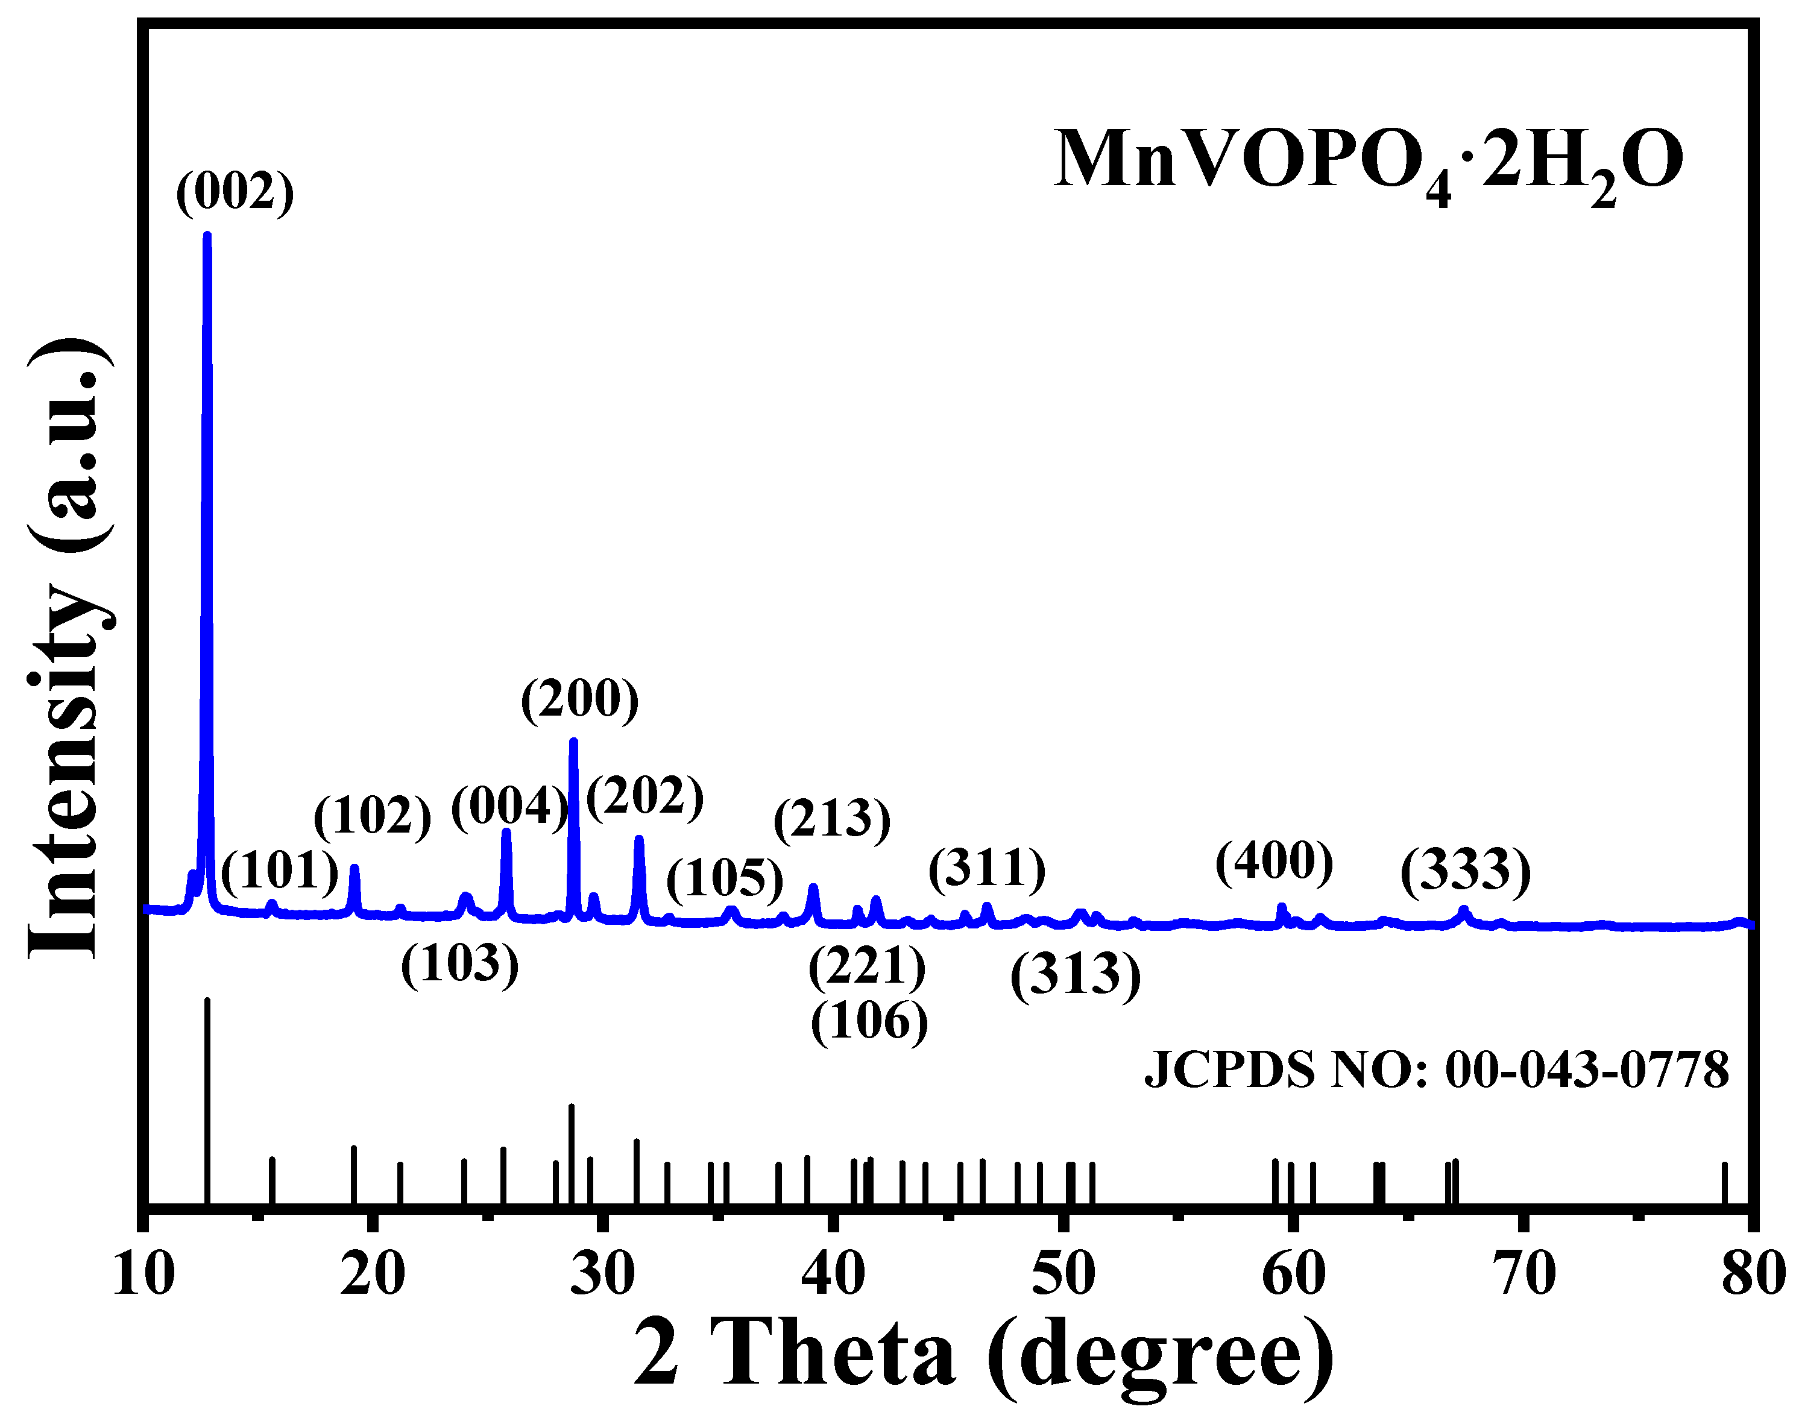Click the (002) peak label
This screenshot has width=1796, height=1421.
click(x=235, y=192)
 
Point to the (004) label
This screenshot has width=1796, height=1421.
click(x=509, y=807)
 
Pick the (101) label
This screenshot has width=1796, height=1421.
click(x=280, y=871)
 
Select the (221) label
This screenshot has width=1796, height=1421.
click(x=867, y=967)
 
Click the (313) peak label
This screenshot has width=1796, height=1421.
click(x=1075, y=974)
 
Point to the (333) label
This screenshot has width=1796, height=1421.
click(x=1465, y=871)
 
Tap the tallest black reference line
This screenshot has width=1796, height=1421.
click(x=207, y=1098)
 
